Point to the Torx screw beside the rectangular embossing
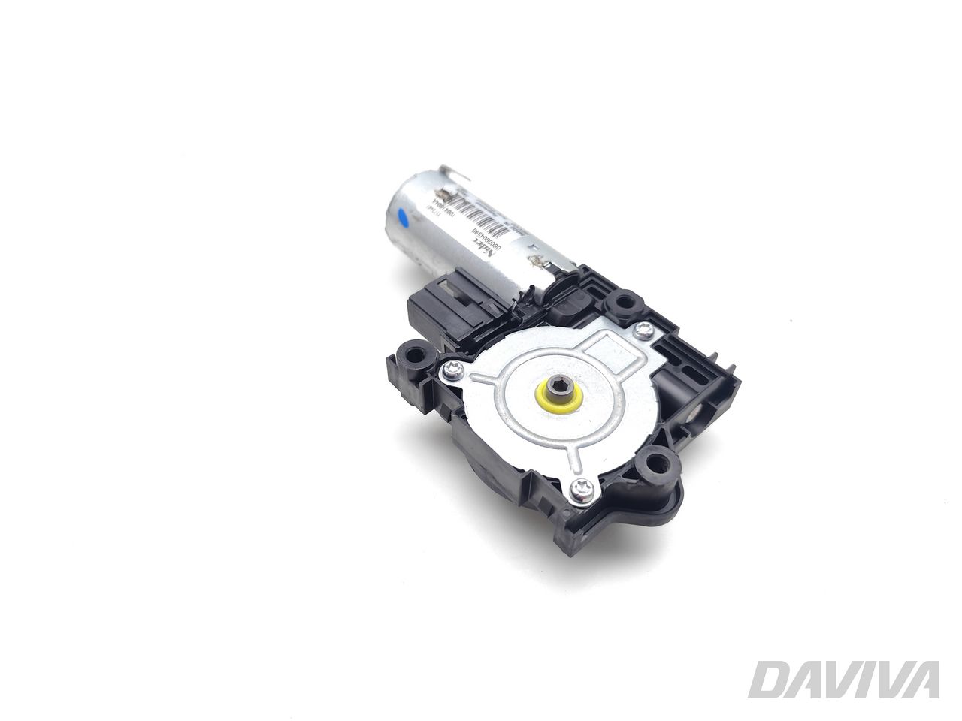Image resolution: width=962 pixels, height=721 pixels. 643,328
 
